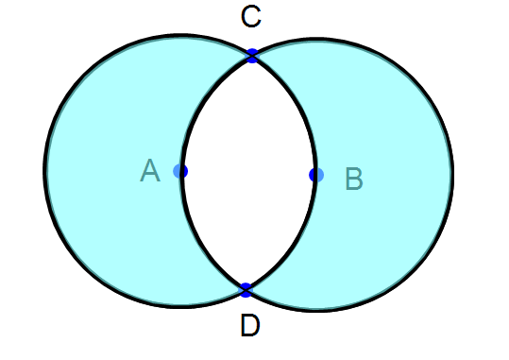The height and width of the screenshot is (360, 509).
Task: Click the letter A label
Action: (149, 170)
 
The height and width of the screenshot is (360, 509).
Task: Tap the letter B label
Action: (353, 178)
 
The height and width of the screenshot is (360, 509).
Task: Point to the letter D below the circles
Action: (249, 326)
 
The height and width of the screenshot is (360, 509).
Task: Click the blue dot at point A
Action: (180, 171)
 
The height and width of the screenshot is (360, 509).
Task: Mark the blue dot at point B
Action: (316, 175)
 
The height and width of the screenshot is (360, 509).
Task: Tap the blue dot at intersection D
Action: (246, 288)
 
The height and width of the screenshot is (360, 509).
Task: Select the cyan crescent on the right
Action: (387, 175)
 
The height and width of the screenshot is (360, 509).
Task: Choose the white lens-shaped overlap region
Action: (248, 172)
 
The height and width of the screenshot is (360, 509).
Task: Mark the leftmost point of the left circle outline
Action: (44, 171)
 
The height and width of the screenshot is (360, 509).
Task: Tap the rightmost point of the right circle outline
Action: (452, 175)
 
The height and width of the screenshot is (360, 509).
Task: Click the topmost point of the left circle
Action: (180, 35)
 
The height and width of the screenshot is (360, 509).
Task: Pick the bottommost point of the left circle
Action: (180, 307)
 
